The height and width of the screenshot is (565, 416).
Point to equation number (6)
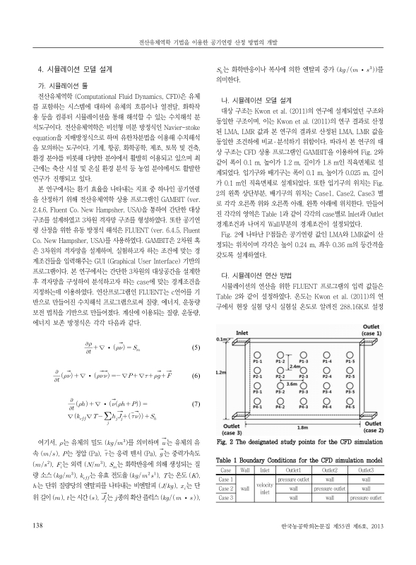196,356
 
